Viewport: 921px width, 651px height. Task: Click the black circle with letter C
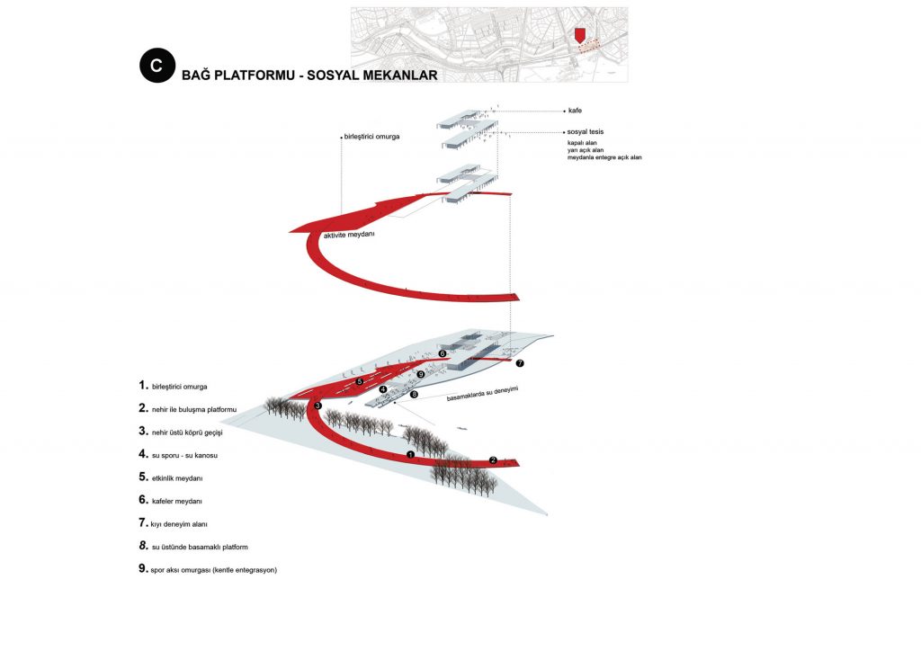tap(156, 65)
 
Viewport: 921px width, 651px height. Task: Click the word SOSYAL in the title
tap(331, 76)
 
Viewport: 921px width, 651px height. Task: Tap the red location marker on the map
tap(580, 35)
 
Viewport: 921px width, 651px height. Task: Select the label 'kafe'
tap(575, 111)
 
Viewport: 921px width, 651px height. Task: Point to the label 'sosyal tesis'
tap(585, 132)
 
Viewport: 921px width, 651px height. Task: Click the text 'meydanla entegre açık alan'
tap(604, 157)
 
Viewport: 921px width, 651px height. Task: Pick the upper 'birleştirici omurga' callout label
tap(371, 137)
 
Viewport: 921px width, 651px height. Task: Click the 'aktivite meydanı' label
tap(349, 235)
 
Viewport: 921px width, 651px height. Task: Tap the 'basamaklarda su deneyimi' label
tap(482, 394)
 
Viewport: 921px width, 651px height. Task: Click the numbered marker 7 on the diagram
tap(520, 363)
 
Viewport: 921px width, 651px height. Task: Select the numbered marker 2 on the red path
tap(494, 460)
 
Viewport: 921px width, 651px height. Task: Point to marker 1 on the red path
tap(410, 454)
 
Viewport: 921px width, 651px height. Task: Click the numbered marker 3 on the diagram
tap(317, 406)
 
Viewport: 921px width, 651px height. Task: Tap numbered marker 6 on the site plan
tap(443, 353)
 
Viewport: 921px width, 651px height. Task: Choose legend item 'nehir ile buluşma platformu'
tap(194, 410)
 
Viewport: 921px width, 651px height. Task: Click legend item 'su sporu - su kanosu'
tap(184, 456)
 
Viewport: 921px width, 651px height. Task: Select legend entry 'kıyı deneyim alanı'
tap(179, 524)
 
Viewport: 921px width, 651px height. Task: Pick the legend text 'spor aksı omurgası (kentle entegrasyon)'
tap(213, 570)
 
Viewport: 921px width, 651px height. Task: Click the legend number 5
tap(143, 477)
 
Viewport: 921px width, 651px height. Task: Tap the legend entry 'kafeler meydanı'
tap(177, 502)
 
